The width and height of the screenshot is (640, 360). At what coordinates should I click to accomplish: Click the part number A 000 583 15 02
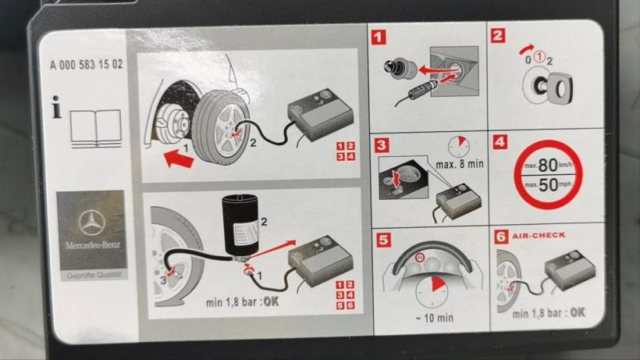(86, 65)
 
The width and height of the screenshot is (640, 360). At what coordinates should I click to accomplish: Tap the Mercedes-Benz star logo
(92, 223)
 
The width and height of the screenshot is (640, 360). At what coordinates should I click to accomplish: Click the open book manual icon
(96, 128)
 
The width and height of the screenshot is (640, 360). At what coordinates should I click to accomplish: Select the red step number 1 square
(379, 37)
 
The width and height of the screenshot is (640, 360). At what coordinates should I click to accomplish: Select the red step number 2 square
(498, 35)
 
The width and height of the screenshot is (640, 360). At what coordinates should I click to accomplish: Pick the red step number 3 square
(381, 145)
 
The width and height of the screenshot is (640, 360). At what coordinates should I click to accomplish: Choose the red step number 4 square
(500, 142)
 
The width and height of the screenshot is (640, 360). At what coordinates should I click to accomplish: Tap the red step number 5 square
(383, 240)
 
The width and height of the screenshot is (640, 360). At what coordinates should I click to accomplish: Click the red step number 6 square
(501, 237)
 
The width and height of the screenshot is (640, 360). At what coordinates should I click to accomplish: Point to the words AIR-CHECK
(539, 235)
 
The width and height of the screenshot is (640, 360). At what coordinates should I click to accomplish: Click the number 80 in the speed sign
(548, 166)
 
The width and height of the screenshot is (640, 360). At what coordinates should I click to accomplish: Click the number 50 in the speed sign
(548, 185)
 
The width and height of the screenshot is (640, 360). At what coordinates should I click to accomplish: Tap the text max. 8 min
(460, 165)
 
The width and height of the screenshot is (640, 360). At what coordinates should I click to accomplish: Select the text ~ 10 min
(434, 318)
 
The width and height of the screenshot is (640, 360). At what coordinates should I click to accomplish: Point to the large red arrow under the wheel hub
(179, 159)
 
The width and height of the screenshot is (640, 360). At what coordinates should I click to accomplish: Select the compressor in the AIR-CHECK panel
(570, 269)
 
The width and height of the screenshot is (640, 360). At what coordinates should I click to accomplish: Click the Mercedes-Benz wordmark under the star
(93, 245)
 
